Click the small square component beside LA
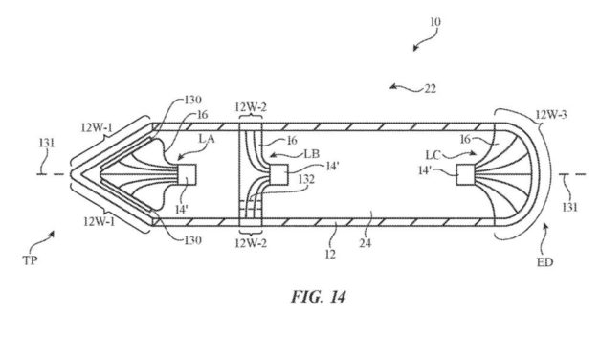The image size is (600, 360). pyautogui.click(x=187, y=174)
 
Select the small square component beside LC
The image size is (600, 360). pyautogui.click(x=466, y=174)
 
